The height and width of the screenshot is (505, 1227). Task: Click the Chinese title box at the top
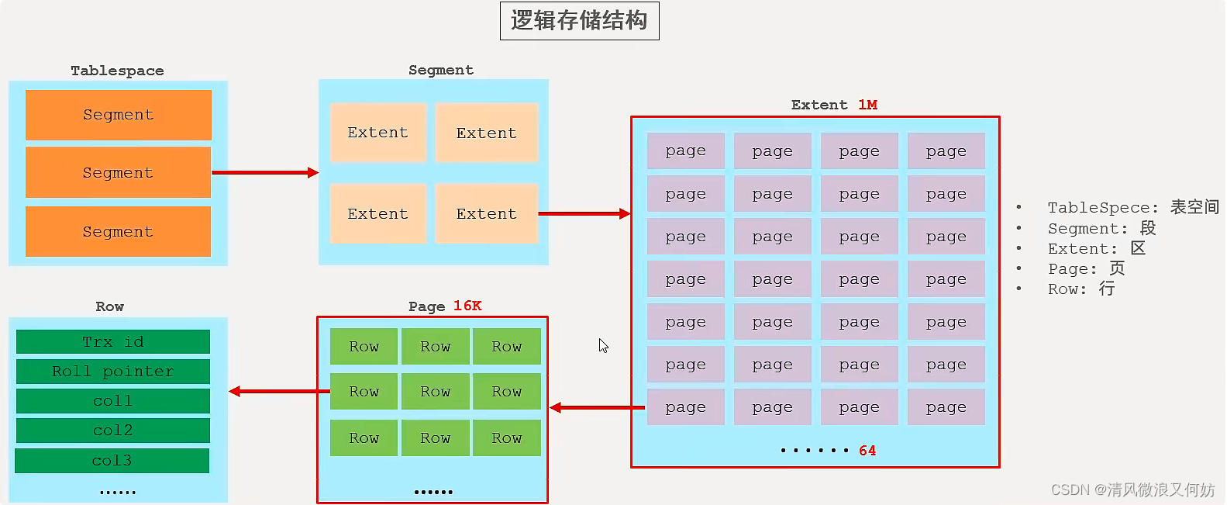[579, 21]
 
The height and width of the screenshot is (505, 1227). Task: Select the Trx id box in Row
[113, 342]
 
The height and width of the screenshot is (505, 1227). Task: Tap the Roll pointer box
[113, 372]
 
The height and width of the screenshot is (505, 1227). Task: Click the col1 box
[113, 401]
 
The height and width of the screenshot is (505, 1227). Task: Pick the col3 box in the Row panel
[112, 461]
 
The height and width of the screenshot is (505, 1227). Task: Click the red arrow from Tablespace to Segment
[264, 172]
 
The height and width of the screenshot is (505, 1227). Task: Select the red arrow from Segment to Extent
[584, 213]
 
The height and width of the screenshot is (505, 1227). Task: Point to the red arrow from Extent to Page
[597, 407]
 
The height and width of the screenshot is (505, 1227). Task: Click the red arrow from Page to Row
[279, 391]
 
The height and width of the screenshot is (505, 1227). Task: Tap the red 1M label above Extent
[867, 105]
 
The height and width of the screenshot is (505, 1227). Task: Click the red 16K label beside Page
[467, 306]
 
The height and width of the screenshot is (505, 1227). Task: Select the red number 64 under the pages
[867, 451]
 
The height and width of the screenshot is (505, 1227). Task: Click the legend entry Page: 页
[1086, 268]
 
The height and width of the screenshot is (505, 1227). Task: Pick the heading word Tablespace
[117, 71]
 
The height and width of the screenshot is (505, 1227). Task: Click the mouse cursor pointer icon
[603, 345]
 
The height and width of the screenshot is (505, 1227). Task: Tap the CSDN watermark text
[1132, 489]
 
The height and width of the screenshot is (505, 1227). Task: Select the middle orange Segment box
[118, 172]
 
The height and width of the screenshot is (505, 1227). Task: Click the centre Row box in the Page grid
[435, 392]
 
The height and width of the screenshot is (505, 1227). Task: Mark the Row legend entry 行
[1081, 289]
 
